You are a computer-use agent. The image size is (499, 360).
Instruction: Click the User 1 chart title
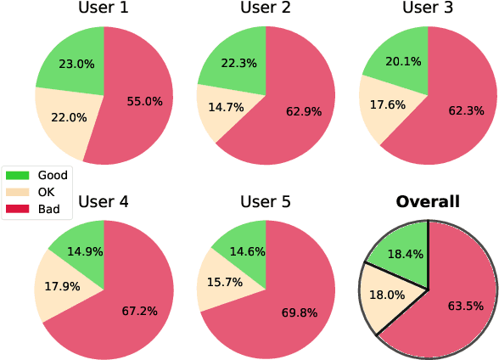coord(104,9)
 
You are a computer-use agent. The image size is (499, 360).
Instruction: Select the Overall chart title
coord(429,202)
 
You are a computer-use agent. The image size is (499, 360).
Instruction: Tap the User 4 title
coord(104,202)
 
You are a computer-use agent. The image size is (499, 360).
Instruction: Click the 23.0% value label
coord(77,63)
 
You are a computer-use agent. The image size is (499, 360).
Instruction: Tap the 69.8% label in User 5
coord(299,312)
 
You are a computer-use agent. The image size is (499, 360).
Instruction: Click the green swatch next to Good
coord(18,175)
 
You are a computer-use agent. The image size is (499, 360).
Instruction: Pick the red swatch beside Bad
coord(18,209)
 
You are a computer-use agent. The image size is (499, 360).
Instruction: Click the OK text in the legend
coord(48,192)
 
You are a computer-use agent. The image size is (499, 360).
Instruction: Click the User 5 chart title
coord(266,202)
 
